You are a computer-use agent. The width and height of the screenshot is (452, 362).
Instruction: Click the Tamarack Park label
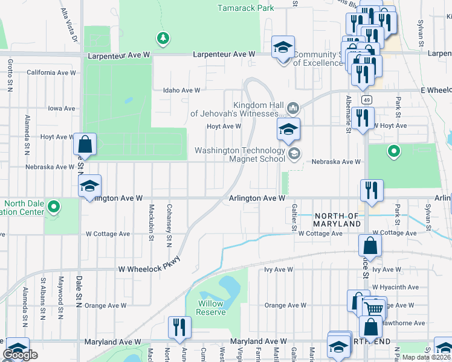click(245, 8)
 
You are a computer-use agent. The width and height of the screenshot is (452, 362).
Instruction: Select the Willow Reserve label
click(211, 308)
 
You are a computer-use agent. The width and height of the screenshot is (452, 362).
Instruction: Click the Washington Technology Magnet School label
click(248, 155)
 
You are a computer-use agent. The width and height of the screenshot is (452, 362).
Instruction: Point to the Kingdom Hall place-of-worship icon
click(293, 108)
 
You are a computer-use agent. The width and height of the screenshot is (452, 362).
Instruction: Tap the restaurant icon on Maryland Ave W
click(179, 328)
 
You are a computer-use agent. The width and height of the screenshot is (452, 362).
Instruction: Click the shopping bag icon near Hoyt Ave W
click(85, 145)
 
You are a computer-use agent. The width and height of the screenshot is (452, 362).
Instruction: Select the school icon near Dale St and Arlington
click(89, 186)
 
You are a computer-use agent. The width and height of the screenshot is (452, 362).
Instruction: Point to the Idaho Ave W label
click(181, 91)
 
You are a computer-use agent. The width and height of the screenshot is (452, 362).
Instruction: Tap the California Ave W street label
click(51, 72)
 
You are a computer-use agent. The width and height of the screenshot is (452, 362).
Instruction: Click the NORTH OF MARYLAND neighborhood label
click(337, 220)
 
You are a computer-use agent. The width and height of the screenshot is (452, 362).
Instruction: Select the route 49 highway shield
click(367, 100)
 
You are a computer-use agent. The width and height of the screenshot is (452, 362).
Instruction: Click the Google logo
click(20, 355)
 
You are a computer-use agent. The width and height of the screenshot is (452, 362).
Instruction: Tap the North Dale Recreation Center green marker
click(54, 207)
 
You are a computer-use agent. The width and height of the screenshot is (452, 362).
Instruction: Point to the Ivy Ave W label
click(278, 270)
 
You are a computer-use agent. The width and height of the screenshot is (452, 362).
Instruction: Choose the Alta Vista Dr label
click(70, 25)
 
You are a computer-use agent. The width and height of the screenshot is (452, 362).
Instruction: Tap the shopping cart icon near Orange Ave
click(375, 308)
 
